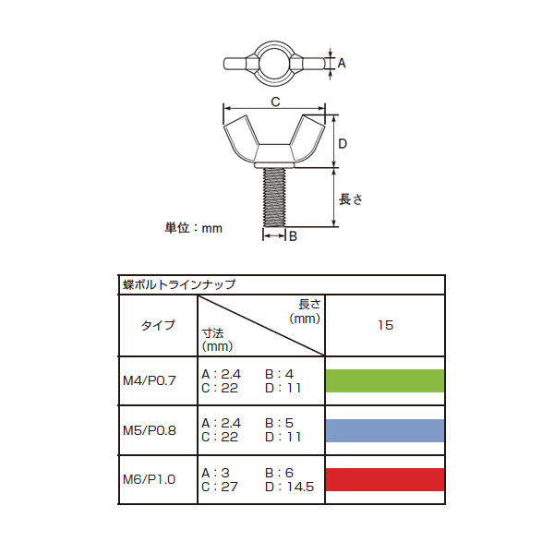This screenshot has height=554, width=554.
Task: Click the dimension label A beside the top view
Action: click(342, 63)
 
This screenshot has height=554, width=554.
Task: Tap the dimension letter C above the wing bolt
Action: click(275, 102)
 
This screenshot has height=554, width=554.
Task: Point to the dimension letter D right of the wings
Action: click(343, 144)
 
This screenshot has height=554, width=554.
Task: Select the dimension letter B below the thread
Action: click(293, 236)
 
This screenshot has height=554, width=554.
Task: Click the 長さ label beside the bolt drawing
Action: click(351, 199)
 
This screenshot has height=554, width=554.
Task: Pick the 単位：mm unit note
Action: click(194, 228)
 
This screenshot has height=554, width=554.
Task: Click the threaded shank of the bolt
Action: click(274, 198)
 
